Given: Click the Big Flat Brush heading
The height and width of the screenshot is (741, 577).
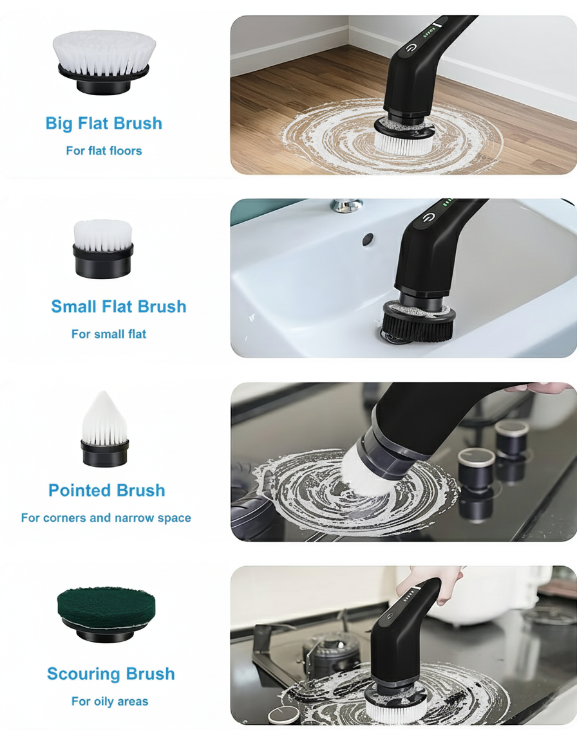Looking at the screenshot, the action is (104, 123).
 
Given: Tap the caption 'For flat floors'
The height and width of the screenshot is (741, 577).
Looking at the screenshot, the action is (104, 151).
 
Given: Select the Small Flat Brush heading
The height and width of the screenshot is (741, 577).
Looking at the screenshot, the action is (118, 306).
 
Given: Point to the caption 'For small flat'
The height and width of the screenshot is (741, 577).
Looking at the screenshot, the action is (109, 334).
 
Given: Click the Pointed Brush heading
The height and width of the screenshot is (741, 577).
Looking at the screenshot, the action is (107, 490).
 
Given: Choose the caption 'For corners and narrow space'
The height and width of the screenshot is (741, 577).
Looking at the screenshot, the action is (106, 518).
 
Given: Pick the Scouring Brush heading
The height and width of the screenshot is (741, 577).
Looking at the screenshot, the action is (111, 673).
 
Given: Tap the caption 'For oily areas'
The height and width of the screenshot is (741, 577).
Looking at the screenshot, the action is (109, 701).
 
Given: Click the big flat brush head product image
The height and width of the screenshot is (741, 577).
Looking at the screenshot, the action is (104, 62).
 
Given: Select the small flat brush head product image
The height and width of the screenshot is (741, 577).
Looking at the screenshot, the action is (103, 248).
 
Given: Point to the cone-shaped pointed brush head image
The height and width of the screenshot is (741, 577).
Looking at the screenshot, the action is (104, 428).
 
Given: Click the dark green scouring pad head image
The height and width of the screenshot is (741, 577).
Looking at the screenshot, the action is (106, 614).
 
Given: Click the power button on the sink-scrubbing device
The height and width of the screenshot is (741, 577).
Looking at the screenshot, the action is (428, 217).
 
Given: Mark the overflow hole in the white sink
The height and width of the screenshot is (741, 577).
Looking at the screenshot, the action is (368, 239).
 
